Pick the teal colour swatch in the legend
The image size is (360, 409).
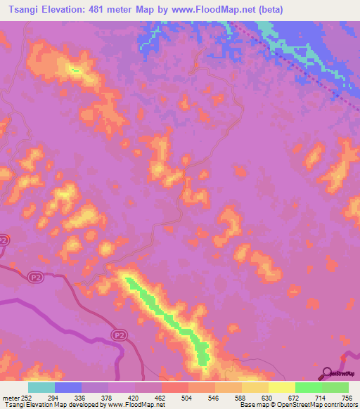[x=41, y=387]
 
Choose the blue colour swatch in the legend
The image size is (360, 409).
[x=68, y=387]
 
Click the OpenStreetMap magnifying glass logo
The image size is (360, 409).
[x=326, y=372]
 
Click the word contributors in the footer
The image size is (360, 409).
[x=340, y=405]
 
